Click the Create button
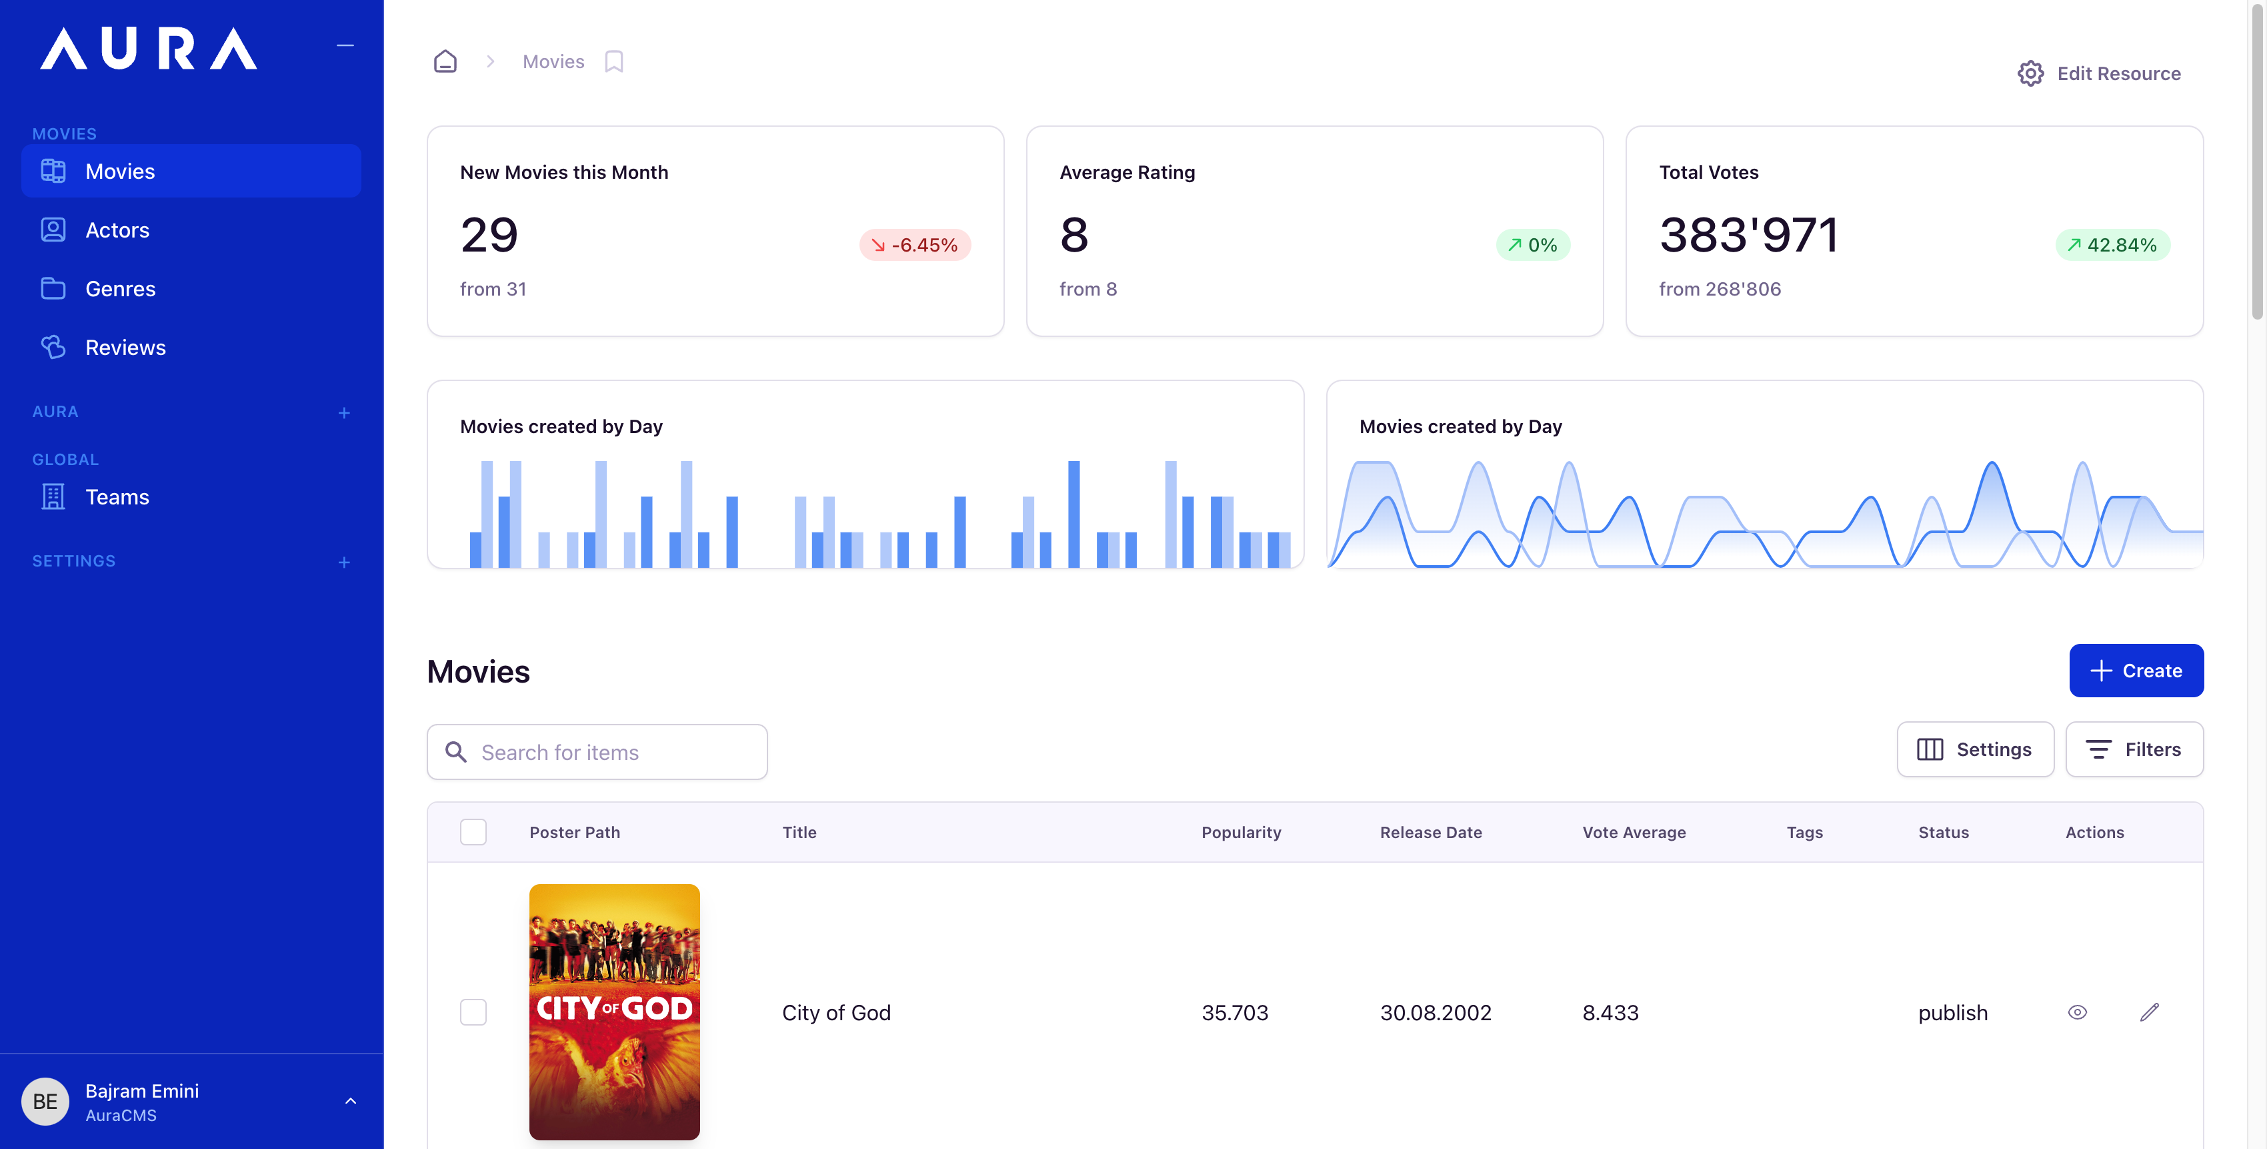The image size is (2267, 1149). pos(2135,670)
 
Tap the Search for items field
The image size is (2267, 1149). pos(597,752)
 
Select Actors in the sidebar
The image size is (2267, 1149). pos(117,230)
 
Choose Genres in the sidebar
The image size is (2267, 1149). pos(120,289)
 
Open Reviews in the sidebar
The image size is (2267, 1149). pos(125,348)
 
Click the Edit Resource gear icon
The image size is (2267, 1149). pos(2030,73)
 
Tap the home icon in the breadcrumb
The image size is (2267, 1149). pos(445,61)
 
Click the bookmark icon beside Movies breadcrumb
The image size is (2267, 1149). pos(613,61)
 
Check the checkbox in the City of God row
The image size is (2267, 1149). pos(473,1012)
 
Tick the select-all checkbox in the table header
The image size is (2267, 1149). pos(473,832)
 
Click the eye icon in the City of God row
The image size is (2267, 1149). pos(2077,1012)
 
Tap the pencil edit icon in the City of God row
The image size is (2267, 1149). pos(2149,1012)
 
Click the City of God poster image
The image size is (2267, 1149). pos(614,1012)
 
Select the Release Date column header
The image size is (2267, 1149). pos(1430,832)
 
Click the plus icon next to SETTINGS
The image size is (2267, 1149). pos(344,562)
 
